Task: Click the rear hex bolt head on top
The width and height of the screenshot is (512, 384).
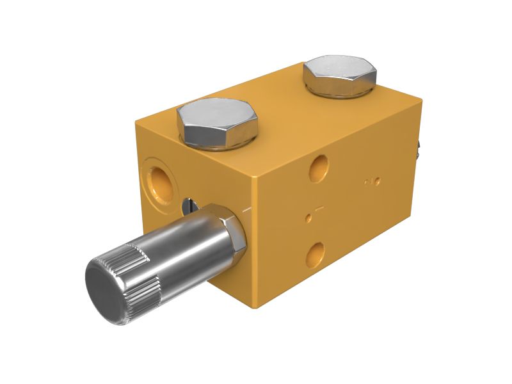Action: [x=339, y=76]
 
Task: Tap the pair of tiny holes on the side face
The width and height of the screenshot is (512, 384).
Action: [x=372, y=182]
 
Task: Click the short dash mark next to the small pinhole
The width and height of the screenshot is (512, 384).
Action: [x=320, y=209]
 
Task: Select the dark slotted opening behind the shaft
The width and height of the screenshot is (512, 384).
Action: [x=188, y=206]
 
